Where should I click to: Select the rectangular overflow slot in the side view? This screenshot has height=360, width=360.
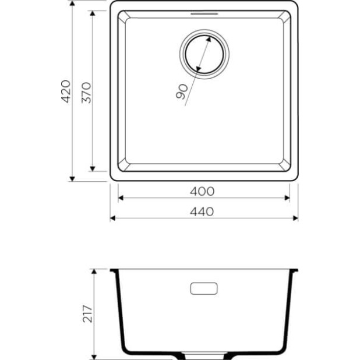(x=204, y=288)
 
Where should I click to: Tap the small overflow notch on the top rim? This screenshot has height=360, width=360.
(x=204, y=12)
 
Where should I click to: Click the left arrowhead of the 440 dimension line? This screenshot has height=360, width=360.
(x=113, y=218)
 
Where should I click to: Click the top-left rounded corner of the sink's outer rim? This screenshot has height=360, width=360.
(x=113, y=4)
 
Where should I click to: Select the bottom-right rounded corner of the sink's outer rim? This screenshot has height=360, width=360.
(x=295, y=178)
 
